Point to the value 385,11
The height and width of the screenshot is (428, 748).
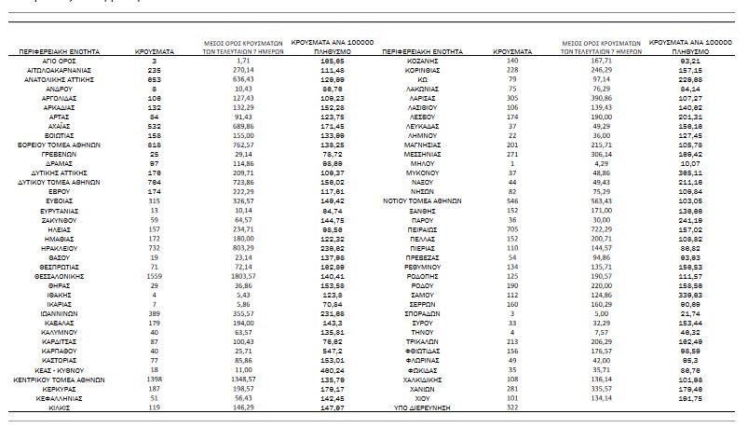tap(689, 173)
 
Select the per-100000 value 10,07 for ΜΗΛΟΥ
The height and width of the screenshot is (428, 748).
tap(689, 163)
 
